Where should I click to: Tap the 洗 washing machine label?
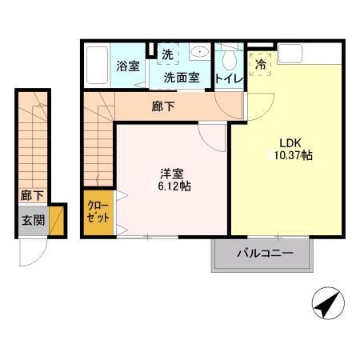[x=167, y=55]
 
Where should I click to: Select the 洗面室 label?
[x=181, y=78]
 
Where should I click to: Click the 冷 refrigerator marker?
[x=261, y=65]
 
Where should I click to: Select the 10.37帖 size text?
[x=290, y=154]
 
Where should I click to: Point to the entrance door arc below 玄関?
[x=36, y=254]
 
